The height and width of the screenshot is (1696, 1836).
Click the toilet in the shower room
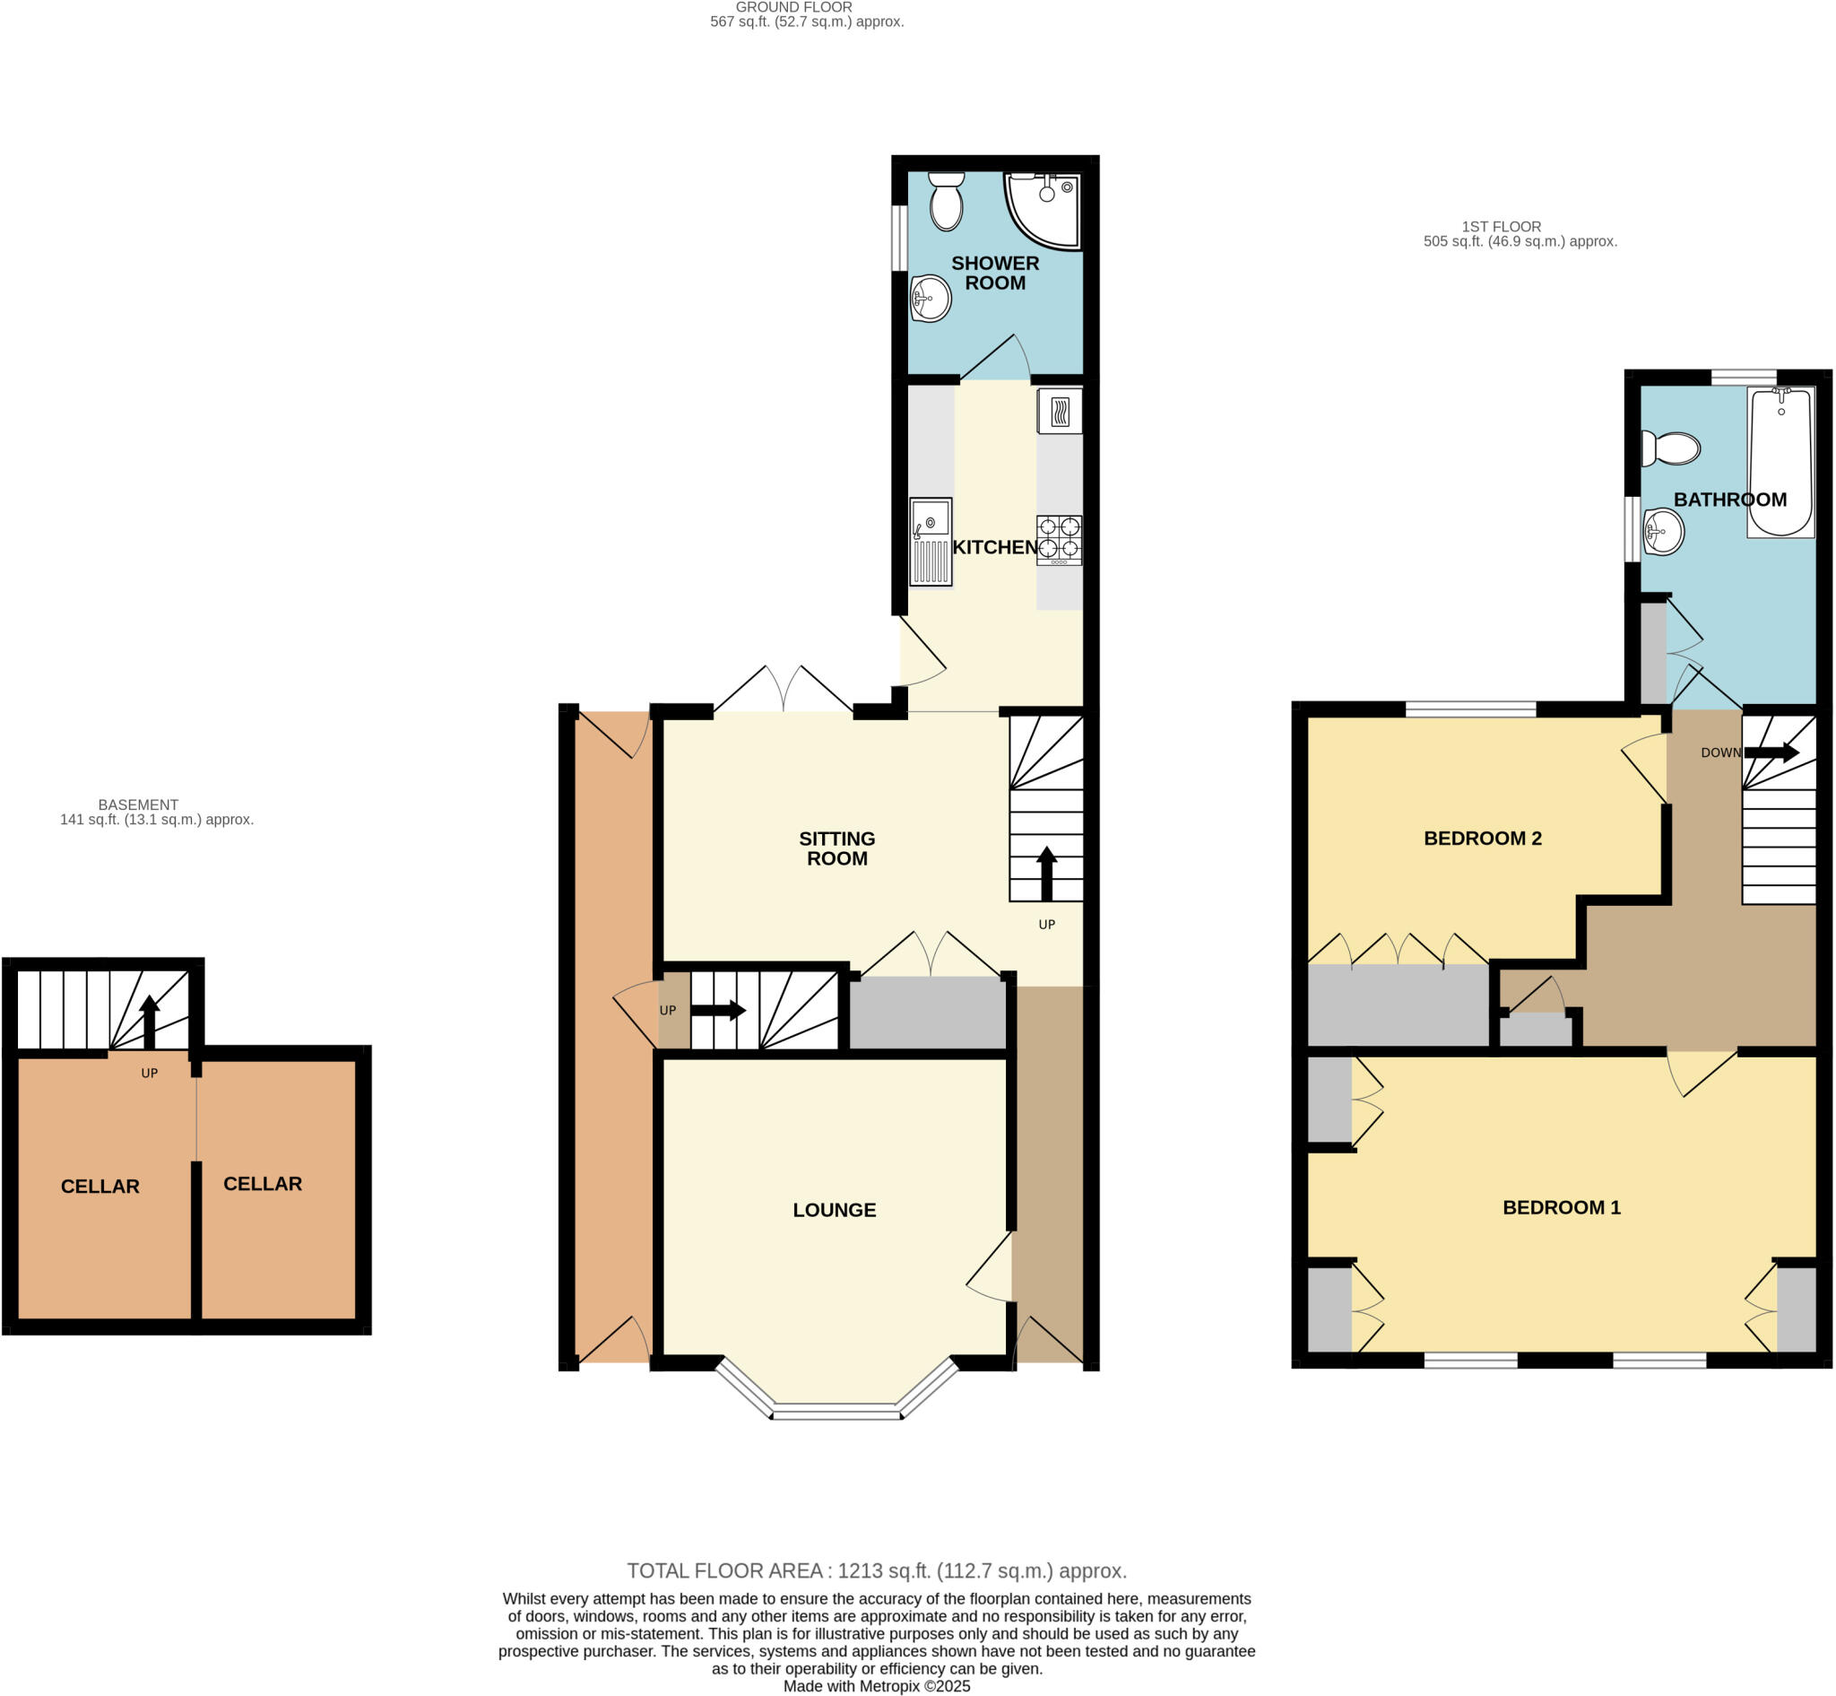[x=946, y=201]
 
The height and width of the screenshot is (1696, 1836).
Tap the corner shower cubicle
[x=1043, y=210]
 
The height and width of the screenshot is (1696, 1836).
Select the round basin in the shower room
[x=930, y=299]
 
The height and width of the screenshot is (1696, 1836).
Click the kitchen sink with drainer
[x=931, y=542]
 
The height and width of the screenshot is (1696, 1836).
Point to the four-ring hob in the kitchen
[x=1059, y=540]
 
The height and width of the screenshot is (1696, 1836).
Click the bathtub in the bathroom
[x=1780, y=463]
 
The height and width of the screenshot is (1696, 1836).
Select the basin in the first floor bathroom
[x=1663, y=531]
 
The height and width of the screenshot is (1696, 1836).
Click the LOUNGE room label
[x=834, y=1210]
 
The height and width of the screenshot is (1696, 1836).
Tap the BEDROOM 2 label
[x=1482, y=838]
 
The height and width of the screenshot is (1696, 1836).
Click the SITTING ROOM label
[x=836, y=848]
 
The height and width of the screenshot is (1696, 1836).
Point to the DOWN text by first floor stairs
[x=1720, y=752]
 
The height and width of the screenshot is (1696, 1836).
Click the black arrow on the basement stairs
[x=149, y=1021]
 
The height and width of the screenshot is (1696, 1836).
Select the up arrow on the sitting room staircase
[x=1046, y=874]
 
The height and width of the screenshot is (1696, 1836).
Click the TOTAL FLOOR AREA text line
[x=876, y=1570]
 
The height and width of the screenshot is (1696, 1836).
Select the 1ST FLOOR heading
[x=1501, y=227]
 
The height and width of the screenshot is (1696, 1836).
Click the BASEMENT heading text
[x=139, y=805]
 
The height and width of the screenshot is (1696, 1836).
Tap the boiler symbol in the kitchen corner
[x=1059, y=411]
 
